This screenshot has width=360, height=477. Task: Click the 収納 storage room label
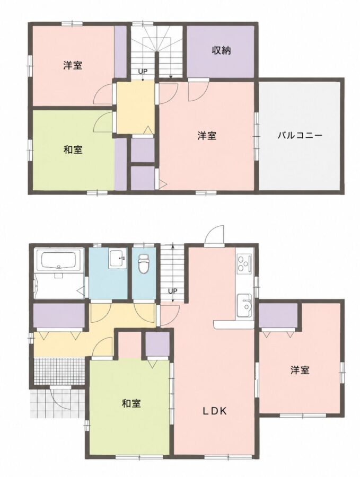click(221, 50)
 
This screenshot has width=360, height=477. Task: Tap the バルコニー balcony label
click(300, 135)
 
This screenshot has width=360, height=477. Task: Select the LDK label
click(215, 411)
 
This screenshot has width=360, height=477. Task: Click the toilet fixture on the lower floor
click(143, 263)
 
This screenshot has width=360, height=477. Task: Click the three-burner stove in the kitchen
click(244, 263)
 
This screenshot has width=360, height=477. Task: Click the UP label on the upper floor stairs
click(143, 72)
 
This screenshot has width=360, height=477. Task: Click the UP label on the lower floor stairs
click(172, 291)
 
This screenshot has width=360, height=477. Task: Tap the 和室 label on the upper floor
click(73, 149)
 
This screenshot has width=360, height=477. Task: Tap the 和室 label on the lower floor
click(131, 403)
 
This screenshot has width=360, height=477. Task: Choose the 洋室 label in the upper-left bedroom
click(73, 65)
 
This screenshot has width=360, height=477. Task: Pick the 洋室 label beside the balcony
click(207, 135)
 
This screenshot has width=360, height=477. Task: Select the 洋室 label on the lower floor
click(300, 370)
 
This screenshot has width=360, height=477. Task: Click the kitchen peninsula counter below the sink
click(234, 324)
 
